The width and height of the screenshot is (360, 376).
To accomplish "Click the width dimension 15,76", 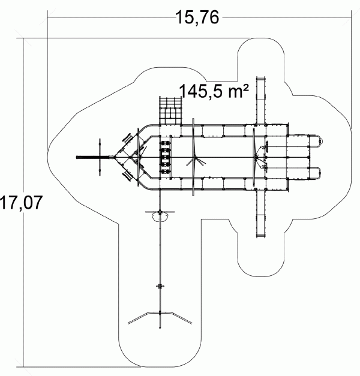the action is point(197,17).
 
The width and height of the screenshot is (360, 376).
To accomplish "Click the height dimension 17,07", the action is point(21,203).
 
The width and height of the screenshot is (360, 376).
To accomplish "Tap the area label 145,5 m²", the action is point(214,91).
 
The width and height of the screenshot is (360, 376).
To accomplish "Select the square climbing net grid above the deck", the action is point(170,110).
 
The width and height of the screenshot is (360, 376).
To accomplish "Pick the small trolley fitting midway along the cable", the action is point(160,286).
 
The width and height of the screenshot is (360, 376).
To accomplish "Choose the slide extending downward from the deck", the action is point(260,213).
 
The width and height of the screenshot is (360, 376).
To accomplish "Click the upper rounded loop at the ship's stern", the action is point(316,142).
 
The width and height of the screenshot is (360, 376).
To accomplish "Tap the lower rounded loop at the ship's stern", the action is point(315,173).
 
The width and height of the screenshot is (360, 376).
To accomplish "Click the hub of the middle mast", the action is point(195,158).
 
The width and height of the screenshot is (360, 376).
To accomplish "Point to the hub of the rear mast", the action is point(256,157).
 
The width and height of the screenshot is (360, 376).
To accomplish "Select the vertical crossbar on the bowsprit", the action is point(100,157).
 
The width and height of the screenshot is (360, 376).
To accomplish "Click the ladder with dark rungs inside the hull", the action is point(165,157).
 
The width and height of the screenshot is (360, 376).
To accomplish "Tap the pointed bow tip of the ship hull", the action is point(115,157).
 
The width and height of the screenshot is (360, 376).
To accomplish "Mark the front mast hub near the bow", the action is point(139,157).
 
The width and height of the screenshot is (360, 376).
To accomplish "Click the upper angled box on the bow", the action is point(127,139).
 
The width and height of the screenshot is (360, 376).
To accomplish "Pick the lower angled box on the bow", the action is point(127,176).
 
